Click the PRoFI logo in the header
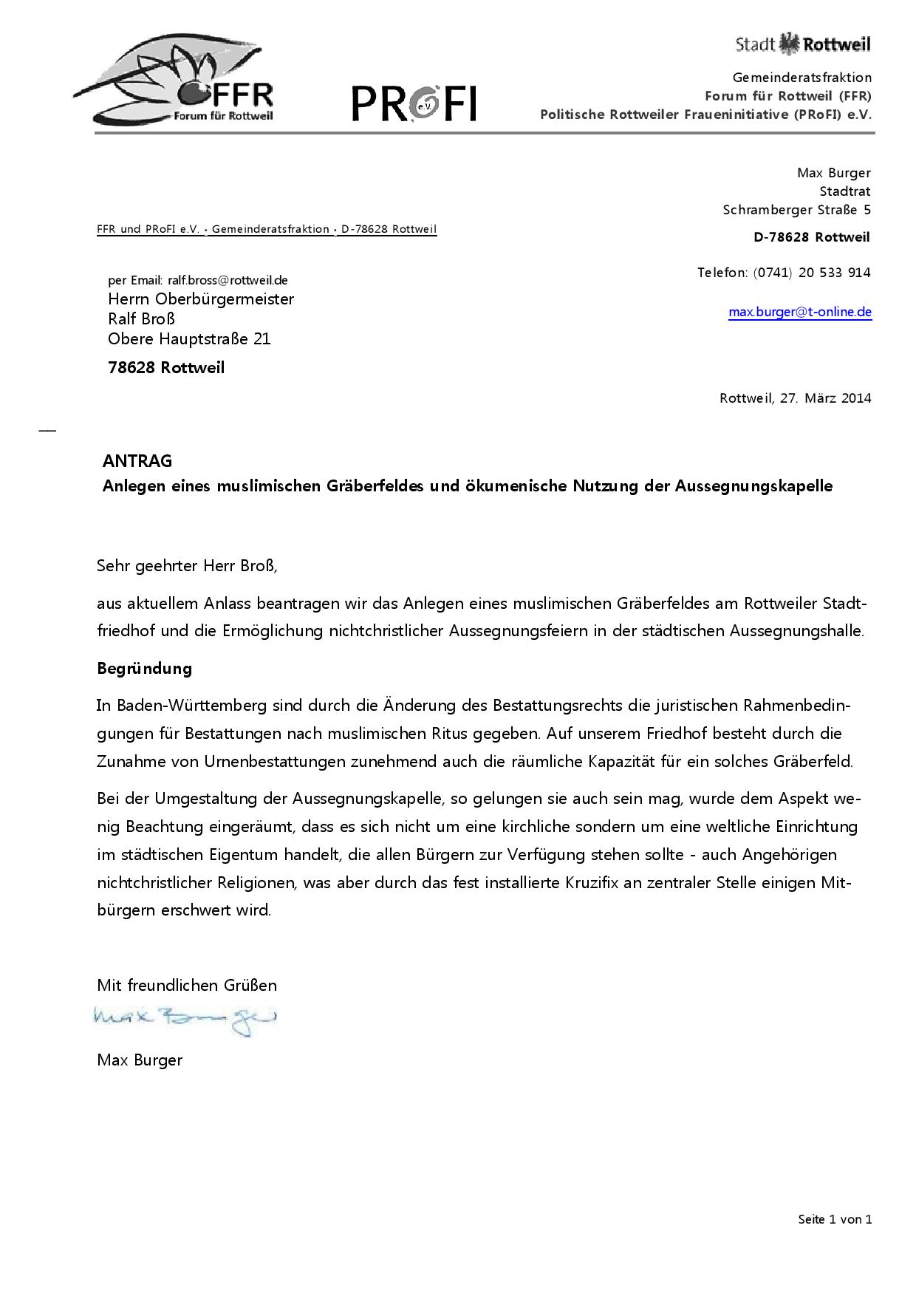click(414, 103)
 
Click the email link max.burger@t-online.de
click(799, 312)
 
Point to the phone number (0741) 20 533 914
click(812, 273)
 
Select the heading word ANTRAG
click(137, 461)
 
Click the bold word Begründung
click(144, 669)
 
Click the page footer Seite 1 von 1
click(835, 1219)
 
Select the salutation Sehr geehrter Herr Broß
click(187, 567)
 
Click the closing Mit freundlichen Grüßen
click(187, 985)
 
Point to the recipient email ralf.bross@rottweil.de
click(228, 281)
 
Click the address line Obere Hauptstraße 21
click(189, 339)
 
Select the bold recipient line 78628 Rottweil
click(166, 368)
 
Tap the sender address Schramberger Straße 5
click(796, 210)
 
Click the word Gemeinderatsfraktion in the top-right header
click(802, 78)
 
